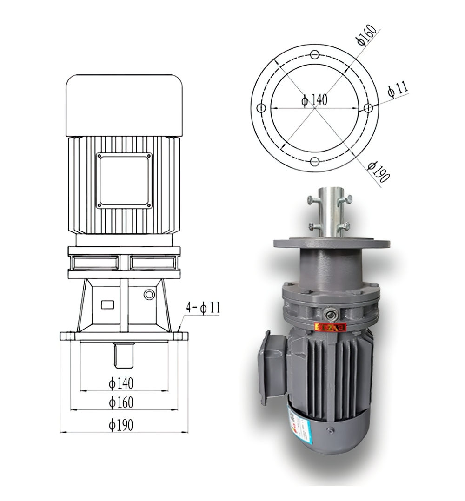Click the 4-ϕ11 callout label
pos(203,307)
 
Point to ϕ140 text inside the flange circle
pos(314,99)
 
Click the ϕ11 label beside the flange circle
pos(398,89)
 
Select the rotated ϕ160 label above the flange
pos(366,34)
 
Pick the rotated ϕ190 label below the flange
pos(378,171)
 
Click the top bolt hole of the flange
pos(315,54)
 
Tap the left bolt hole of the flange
pos(261,108)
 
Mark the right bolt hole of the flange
pos(368,108)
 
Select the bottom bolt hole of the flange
pos(315,162)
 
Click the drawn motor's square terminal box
pos(124,180)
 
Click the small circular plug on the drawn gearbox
pos(149,294)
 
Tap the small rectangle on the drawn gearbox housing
pos(108,304)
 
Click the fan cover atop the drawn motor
pos(124,105)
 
